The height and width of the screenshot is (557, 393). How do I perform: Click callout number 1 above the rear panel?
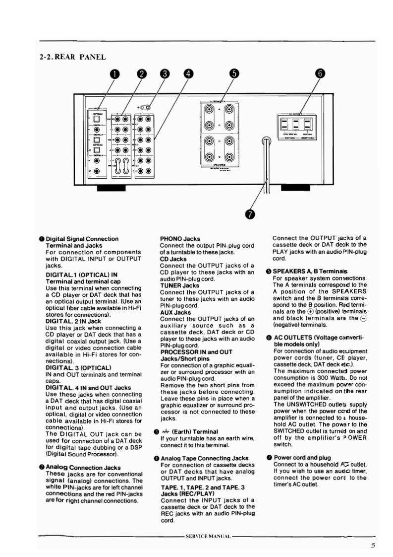tap(115, 74)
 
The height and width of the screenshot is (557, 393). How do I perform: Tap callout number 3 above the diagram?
tap(164, 74)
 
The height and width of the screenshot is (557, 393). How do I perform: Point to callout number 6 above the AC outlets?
tap(321, 74)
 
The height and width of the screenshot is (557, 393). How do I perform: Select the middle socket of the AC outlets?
tap(295, 123)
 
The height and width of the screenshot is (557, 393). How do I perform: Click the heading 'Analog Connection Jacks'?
tap(80, 467)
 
